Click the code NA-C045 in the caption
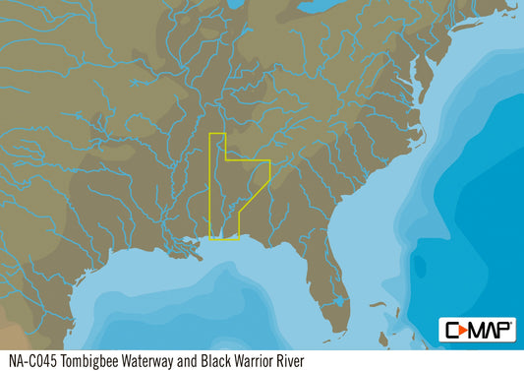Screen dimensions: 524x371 [x=30, y=360]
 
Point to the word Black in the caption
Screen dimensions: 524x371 [x=214, y=360]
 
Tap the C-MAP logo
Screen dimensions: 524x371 [x=476, y=330]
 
